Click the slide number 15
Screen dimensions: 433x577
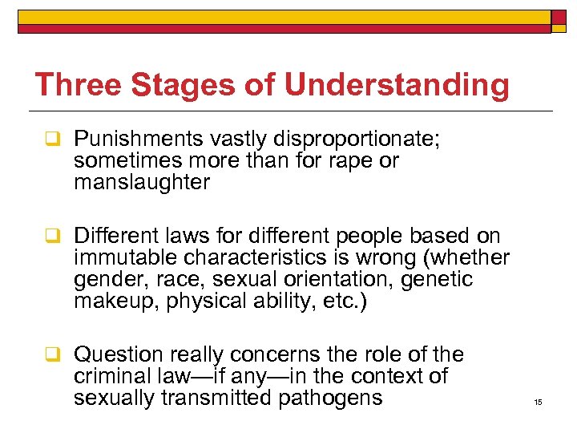(x=538, y=402)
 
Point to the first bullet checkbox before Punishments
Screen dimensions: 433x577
(x=53, y=140)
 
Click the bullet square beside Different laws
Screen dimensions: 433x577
(x=53, y=237)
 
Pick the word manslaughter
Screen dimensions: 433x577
(x=141, y=182)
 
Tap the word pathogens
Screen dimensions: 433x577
(x=329, y=397)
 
